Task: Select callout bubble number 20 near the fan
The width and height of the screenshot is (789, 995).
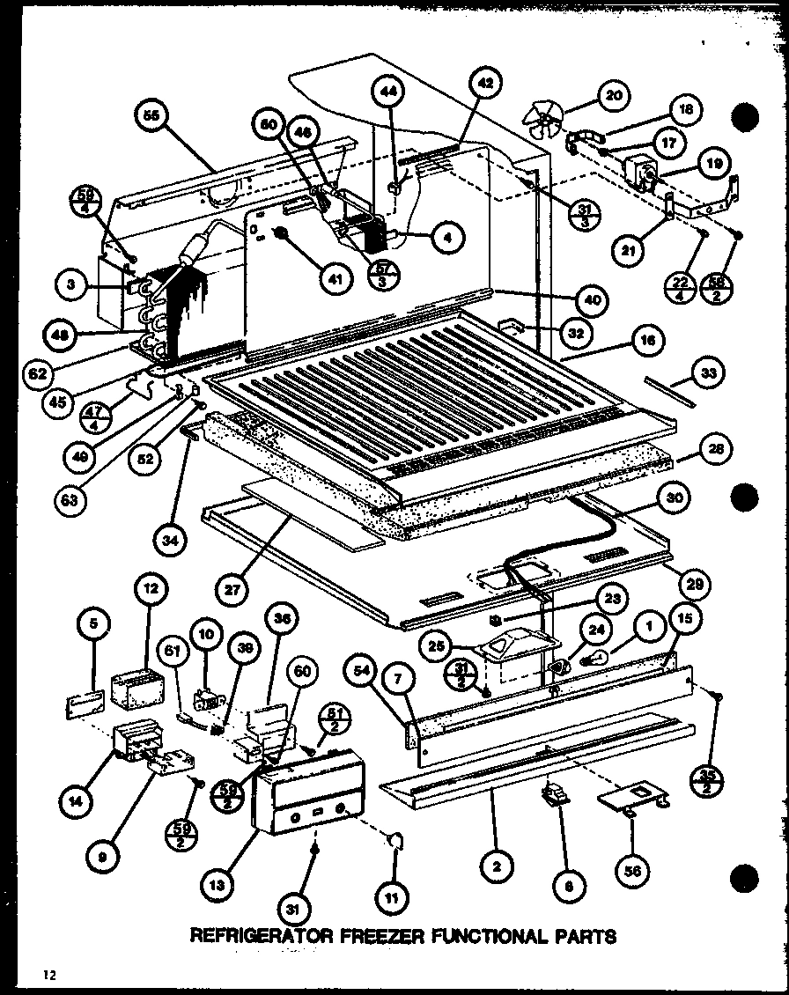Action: click(x=614, y=95)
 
